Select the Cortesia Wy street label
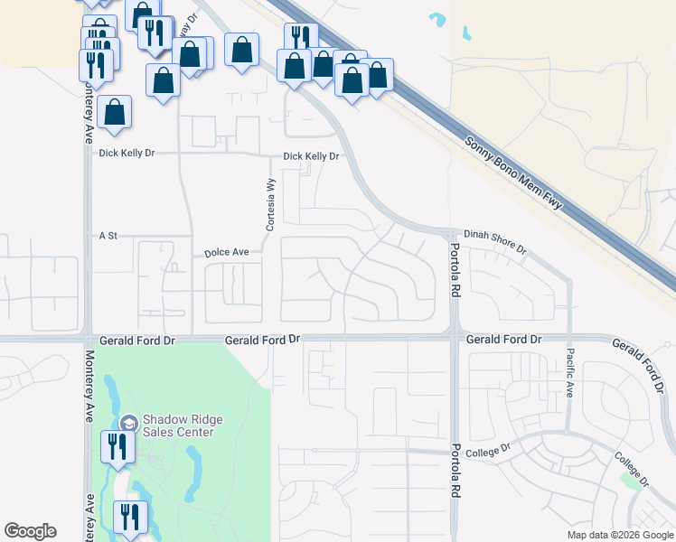[268, 203]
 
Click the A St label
[108, 236]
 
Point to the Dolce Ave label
[225, 253]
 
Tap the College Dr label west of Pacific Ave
[493, 447]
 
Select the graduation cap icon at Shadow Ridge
[128, 423]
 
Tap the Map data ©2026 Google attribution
[620, 535]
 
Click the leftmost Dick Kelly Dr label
[127, 154]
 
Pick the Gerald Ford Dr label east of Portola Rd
[503, 339]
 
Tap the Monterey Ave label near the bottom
[89, 515]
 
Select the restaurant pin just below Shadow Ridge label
[117, 446]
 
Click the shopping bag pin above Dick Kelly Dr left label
[115, 112]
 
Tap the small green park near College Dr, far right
[629, 480]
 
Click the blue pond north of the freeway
[439, 19]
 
